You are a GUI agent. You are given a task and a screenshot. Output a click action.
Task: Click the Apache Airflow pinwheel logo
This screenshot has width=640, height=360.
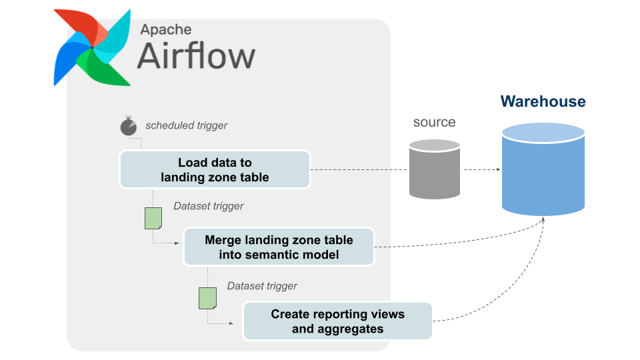tap(92, 47)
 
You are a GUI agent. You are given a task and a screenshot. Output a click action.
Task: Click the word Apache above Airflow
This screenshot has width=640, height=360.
tap(166, 29)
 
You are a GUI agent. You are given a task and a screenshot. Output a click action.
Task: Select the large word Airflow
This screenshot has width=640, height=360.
tap(196, 56)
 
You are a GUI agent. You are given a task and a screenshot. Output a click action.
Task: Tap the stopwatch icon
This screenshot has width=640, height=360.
tap(128, 126)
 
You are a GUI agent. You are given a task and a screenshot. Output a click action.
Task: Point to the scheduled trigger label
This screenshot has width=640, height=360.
tap(187, 125)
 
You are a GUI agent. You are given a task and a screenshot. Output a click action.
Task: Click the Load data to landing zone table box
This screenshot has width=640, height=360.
tap(215, 169)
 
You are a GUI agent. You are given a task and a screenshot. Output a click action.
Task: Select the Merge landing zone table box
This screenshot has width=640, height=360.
tap(279, 247)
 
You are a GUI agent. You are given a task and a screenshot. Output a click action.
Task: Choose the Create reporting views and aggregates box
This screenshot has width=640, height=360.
tap(337, 321)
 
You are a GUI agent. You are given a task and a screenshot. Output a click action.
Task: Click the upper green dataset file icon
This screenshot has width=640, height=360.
tap(153, 218)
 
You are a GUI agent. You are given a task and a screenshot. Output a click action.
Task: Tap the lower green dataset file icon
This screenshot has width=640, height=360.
tap(207, 298)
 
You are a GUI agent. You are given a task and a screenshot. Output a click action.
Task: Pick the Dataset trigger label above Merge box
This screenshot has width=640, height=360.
tap(208, 206)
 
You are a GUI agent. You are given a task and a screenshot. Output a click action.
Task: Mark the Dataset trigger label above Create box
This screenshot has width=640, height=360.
tap(262, 286)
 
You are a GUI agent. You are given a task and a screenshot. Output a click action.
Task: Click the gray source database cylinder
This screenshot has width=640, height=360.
tap(435, 169)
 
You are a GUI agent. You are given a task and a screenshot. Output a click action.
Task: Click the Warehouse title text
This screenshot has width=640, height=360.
tap(543, 102)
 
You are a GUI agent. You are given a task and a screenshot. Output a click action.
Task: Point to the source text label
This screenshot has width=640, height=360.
tap(434, 123)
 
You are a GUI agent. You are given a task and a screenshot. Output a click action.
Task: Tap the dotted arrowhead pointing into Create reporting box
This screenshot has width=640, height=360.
tap(231, 324)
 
